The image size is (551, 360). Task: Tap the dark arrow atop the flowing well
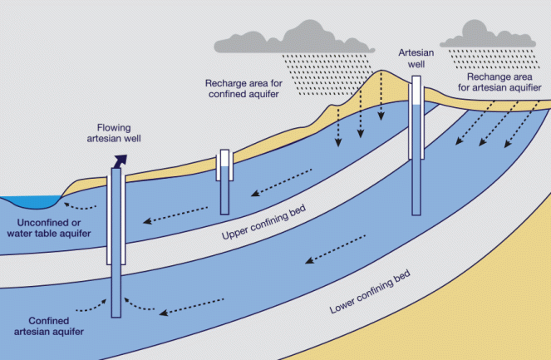click(x=121, y=160)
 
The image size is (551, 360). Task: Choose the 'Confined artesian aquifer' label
click(x=42, y=326)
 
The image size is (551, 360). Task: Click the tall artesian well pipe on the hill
click(x=416, y=125)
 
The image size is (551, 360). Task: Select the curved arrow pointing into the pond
click(x=81, y=205)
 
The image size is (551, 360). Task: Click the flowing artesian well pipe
click(x=117, y=241)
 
